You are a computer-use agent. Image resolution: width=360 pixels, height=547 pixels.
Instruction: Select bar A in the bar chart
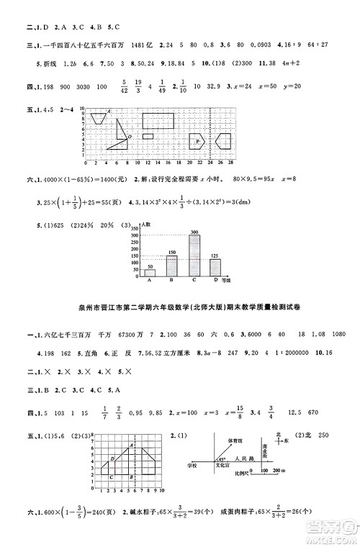tap(150, 273)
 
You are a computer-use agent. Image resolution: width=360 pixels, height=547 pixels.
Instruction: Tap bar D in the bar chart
tap(215, 268)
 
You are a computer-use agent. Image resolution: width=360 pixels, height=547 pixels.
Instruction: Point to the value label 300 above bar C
tap(194, 232)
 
